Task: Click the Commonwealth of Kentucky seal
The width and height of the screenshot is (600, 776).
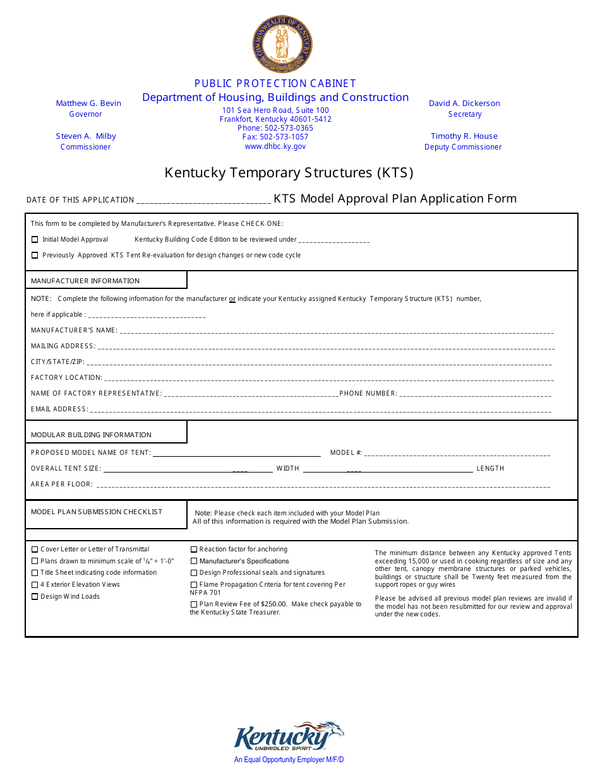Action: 282,44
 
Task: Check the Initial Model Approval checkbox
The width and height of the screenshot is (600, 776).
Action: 35,240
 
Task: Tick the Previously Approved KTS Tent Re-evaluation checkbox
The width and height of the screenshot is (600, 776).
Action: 35,256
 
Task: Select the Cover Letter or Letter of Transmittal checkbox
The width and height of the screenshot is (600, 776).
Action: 35,550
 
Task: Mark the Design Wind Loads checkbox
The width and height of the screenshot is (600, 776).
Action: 35,597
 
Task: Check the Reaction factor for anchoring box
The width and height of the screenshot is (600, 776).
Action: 194,550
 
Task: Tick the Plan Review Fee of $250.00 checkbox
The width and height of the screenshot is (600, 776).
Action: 194,604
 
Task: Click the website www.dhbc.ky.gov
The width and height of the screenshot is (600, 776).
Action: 275,146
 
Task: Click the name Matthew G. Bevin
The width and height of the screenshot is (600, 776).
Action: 88,103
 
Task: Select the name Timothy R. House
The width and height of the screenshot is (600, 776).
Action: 464,136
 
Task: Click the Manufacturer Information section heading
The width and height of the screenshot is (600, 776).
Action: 85,281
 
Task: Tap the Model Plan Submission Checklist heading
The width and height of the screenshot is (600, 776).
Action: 97,512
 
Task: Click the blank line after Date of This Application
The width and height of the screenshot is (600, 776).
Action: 203,201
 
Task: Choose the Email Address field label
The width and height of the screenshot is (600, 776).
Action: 59,409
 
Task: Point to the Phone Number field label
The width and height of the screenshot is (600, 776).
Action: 368,394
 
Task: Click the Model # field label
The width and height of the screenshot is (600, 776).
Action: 346,453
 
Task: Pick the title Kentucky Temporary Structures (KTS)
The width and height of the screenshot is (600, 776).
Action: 289,173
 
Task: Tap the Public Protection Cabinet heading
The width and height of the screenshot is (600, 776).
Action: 275,83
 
